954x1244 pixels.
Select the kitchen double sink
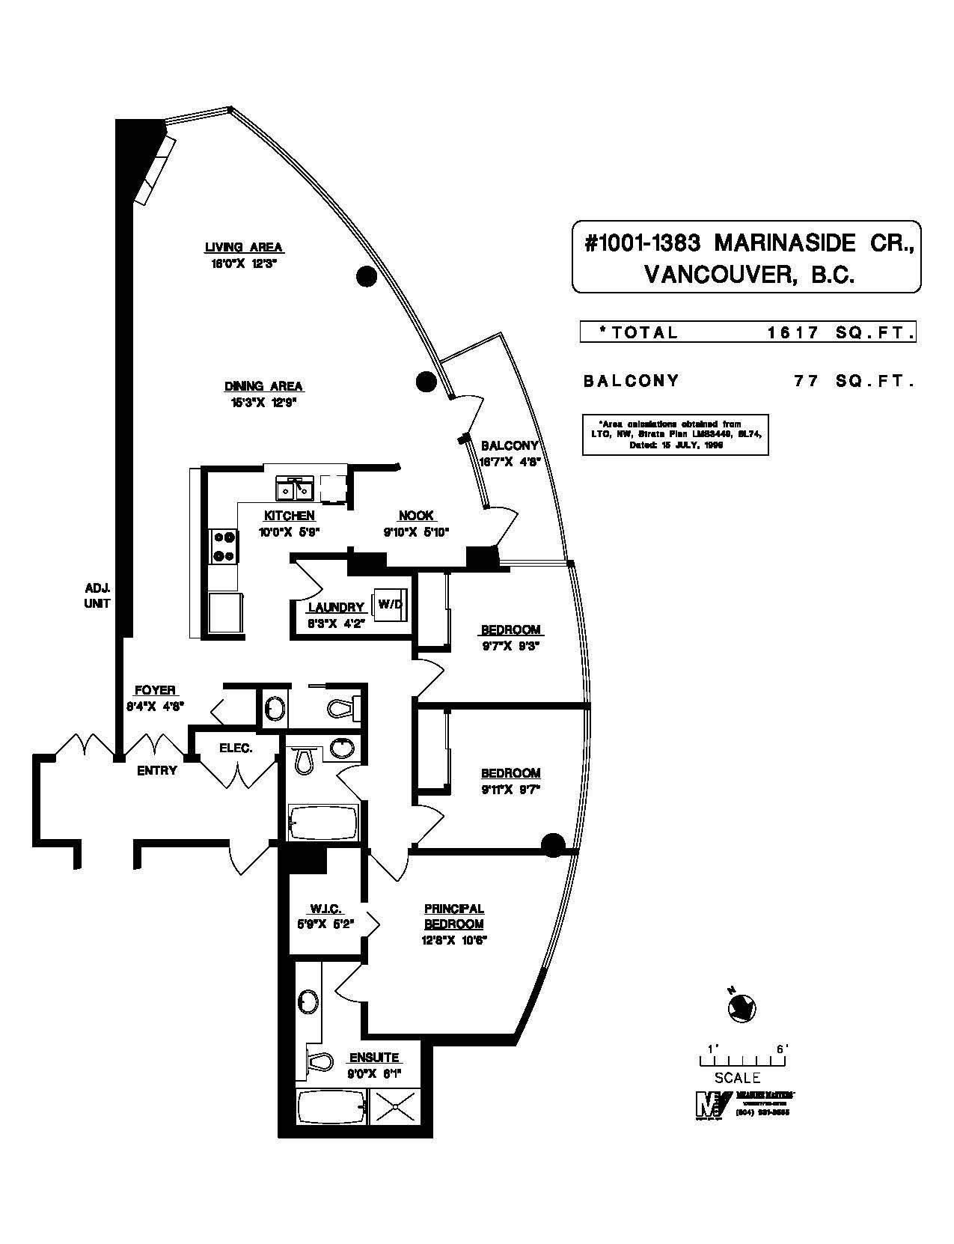(x=294, y=489)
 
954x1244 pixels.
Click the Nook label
(x=416, y=516)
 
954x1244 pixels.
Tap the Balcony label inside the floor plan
(x=510, y=445)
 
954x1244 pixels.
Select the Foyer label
(x=155, y=690)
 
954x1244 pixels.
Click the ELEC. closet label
(x=236, y=748)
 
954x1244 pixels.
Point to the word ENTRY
(x=156, y=770)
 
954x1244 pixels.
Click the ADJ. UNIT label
(x=97, y=595)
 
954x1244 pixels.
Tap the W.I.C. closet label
(x=325, y=909)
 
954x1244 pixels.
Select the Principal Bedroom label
(x=454, y=916)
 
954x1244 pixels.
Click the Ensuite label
(x=374, y=1058)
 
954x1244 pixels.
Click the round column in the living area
(x=365, y=277)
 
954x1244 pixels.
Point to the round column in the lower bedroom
(x=552, y=844)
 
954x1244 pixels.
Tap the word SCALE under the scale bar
(x=738, y=1078)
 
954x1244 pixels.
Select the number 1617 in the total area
(x=793, y=333)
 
